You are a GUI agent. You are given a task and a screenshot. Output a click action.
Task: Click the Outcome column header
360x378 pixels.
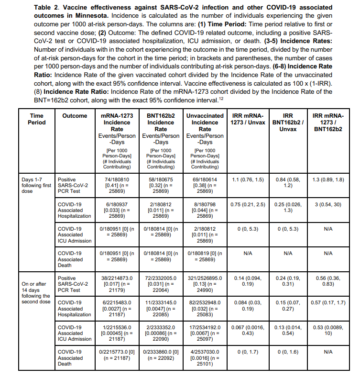74,115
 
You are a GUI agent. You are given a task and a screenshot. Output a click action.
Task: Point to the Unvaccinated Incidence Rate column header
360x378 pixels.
205,122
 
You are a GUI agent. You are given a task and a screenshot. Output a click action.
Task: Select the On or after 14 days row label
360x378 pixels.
36,292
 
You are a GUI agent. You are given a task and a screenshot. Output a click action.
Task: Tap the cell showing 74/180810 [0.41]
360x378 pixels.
117,186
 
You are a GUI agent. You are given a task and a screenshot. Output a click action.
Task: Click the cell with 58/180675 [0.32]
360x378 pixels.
161,186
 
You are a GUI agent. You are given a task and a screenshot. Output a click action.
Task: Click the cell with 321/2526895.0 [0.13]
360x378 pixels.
205,284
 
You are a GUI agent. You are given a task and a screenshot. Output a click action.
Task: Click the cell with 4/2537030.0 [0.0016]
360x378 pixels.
205,357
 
